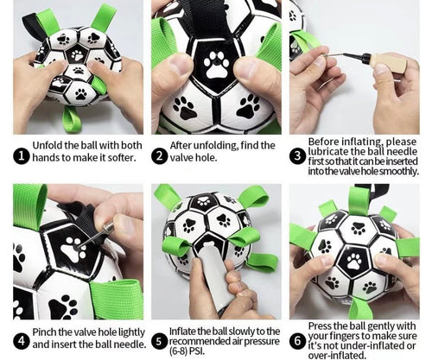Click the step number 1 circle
[22, 156]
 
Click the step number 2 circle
[159, 156]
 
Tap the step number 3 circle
[297, 156]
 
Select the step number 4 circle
[22, 342]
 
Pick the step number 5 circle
[159, 342]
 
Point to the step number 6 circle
[297, 342]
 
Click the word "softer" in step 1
[120, 157]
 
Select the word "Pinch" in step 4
[44, 332]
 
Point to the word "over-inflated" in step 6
[336, 355]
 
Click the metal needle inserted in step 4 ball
[92, 237]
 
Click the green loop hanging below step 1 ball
[71, 118]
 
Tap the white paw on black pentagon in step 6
[354, 261]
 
